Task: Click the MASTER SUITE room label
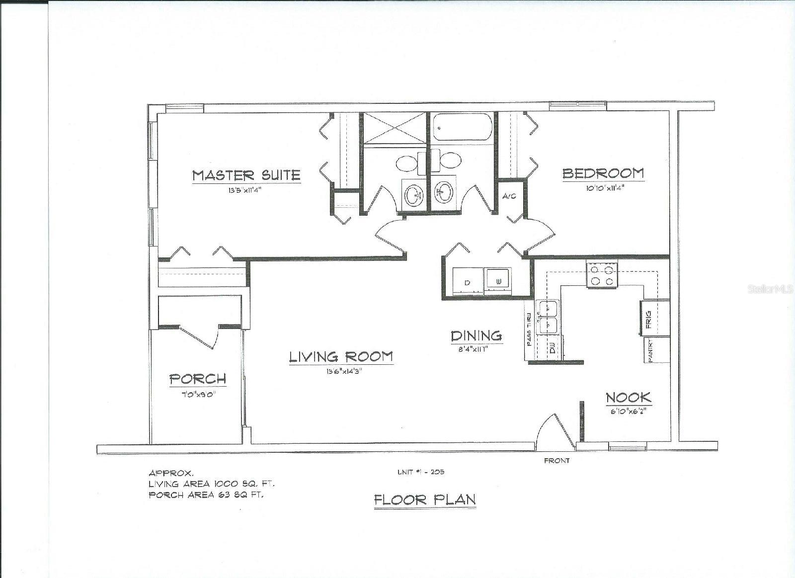(246, 175)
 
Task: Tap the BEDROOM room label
(603, 173)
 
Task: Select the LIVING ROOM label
(341, 356)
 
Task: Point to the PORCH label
(198, 379)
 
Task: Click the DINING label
(477, 336)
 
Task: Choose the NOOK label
(629, 398)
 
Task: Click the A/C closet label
(509, 196)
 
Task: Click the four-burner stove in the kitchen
(602, 275)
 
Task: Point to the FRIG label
(649, 320)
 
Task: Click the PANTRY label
(652, 350)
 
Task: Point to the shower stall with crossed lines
(394, 128)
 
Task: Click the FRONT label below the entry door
(556, 461)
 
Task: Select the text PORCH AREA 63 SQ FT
(206, 495)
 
